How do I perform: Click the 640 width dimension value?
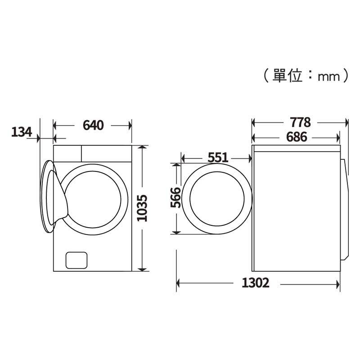coord(93,126)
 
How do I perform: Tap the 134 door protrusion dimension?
coord(22,132)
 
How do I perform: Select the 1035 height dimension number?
coord(142,208)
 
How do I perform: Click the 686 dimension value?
coord(297,137)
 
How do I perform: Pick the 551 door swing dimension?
coord(218,157)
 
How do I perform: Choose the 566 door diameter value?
coord(175,198)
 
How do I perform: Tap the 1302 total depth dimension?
coord(255,283)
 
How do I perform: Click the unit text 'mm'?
coord(328,77)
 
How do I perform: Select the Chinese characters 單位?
coord(287,76)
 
